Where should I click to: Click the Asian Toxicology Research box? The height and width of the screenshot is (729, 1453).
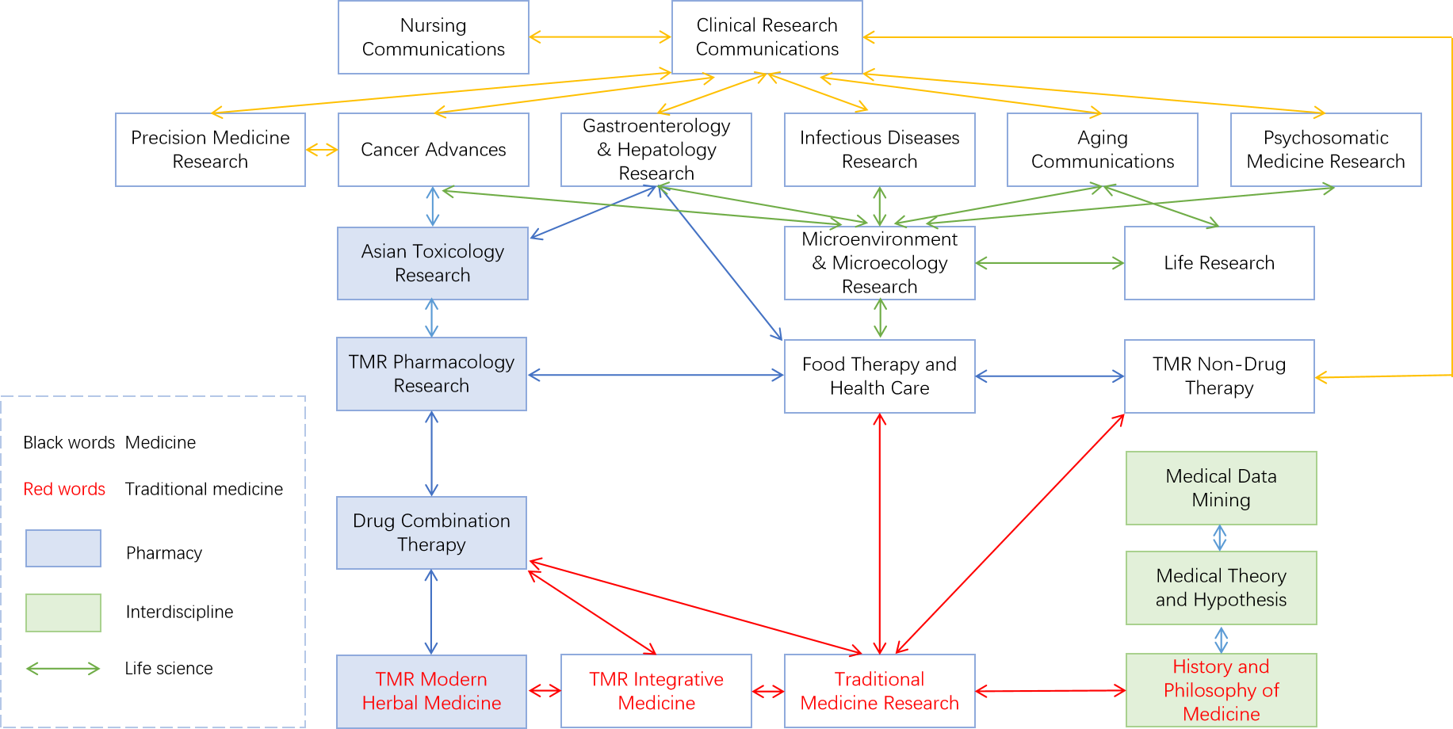tap(432, 263)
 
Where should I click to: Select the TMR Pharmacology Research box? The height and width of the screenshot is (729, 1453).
tap(431, 374)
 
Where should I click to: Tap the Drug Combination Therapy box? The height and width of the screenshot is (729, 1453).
tap(431, 532)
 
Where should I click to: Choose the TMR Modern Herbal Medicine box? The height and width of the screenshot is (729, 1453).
tap(431, 691)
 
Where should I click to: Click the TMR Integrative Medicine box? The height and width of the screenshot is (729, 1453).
tap(656, 691)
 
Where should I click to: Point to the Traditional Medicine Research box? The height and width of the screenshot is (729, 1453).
tap(879, 691)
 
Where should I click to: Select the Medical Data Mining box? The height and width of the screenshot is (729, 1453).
tap(1221, 488)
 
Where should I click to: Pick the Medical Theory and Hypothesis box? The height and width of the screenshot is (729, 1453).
tap(1221, 588)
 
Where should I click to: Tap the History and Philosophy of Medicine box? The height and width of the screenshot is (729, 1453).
tap(1221, 690)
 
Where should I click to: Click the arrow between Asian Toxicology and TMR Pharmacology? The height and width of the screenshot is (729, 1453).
tap(431, 319)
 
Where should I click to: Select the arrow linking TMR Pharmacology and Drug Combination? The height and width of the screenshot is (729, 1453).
tap(431, 453)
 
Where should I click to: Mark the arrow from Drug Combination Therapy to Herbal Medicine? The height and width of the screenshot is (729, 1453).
tap(431, 612)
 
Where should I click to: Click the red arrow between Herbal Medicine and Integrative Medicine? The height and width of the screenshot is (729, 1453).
tap(544, 691)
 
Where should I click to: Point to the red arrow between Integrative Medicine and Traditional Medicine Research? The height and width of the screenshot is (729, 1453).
tap(767, 692)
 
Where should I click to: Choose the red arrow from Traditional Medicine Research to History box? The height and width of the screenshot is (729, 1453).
tap(1050, 691)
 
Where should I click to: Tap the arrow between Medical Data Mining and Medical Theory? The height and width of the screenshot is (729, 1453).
tap(1220, 538)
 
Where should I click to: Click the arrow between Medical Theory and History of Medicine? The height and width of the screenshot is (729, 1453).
tap(1221, 639)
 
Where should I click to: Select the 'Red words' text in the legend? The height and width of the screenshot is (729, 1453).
tap(64, 489)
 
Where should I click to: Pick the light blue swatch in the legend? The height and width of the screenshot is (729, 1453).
tap(63, 548)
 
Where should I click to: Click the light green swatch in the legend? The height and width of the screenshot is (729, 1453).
tap(63, 613)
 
